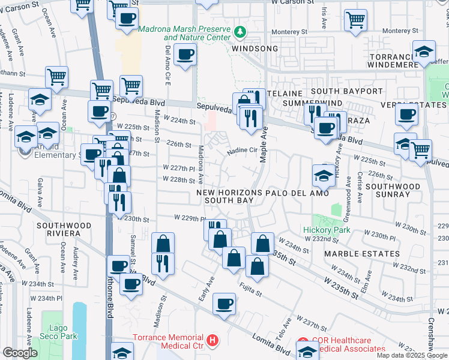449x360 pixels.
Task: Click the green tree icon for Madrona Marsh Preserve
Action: click(x=240, y=31)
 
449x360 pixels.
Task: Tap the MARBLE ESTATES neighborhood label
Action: click(x=362, y=254)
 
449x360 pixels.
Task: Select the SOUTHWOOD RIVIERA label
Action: click(x=63, y=230)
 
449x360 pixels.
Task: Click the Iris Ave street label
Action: click(x=324, y=18)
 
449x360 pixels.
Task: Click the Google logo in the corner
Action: click(x=20, y=353)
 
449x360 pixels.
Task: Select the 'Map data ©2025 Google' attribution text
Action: click(x=412, y=355)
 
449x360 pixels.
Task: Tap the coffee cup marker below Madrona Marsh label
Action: click(x=185, y=56)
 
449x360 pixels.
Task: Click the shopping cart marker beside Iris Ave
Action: click(x=356, y=20)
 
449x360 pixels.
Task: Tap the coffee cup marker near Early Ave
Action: click(x=224, y=304)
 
